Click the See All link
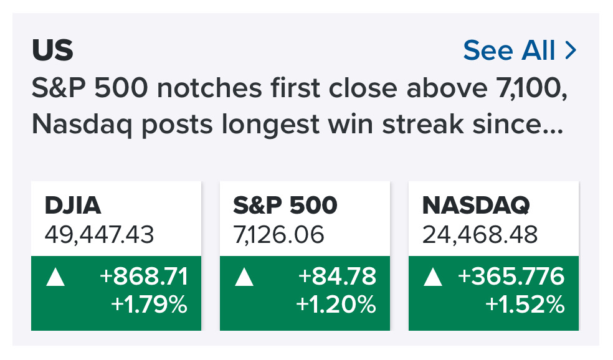click(509, 50)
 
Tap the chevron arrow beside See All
click(571, 50)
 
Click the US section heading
click(52, 50)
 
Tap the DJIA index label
click(73, 205)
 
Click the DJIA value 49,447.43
click(99, 235)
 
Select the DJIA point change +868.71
click(144, 276)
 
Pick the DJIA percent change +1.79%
click(149, 304)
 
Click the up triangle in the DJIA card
click(55, 277)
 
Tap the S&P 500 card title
click(285, 205)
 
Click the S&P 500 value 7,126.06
click(278, 235)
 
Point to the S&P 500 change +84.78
click(337, 276)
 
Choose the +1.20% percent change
click(336, 304)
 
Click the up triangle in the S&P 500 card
click(244, 277)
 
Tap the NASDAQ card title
click(476, 206)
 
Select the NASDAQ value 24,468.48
click(480, 235)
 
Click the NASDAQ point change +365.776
click(511, 276)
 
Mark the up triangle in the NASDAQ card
click(433, 277)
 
